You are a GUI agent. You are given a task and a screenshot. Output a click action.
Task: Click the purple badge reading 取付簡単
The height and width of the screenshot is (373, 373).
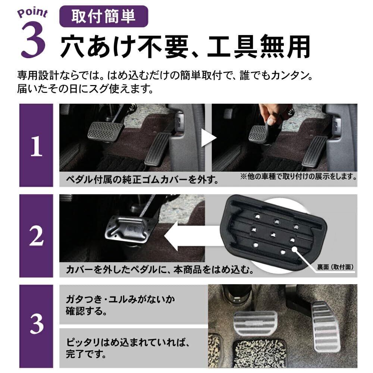pos(104,16)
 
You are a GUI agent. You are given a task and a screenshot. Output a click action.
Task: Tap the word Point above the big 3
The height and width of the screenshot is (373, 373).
pos(32,13)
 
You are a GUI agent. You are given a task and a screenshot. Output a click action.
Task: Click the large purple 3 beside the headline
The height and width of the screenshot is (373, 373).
pos(33,40)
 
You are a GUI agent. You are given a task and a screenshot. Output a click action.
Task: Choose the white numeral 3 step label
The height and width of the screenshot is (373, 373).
pos(37,324)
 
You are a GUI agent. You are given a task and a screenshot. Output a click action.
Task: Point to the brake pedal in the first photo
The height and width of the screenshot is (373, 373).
pos(106,132)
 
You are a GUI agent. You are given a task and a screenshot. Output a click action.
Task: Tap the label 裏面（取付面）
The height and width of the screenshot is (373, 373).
pos(335,267)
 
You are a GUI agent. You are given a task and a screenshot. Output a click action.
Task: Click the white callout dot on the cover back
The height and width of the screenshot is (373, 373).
pos(295,249)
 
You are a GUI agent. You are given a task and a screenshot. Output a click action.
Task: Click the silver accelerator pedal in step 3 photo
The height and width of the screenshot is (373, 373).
pos(325,326)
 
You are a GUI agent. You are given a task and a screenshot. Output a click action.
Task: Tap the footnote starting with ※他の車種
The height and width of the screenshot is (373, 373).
pos(298,176)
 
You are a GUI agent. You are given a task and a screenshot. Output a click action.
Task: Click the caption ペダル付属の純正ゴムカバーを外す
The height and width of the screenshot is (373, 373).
pos(142,180)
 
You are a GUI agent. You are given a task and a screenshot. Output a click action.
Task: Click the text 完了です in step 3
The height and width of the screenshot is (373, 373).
pos(86,354)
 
